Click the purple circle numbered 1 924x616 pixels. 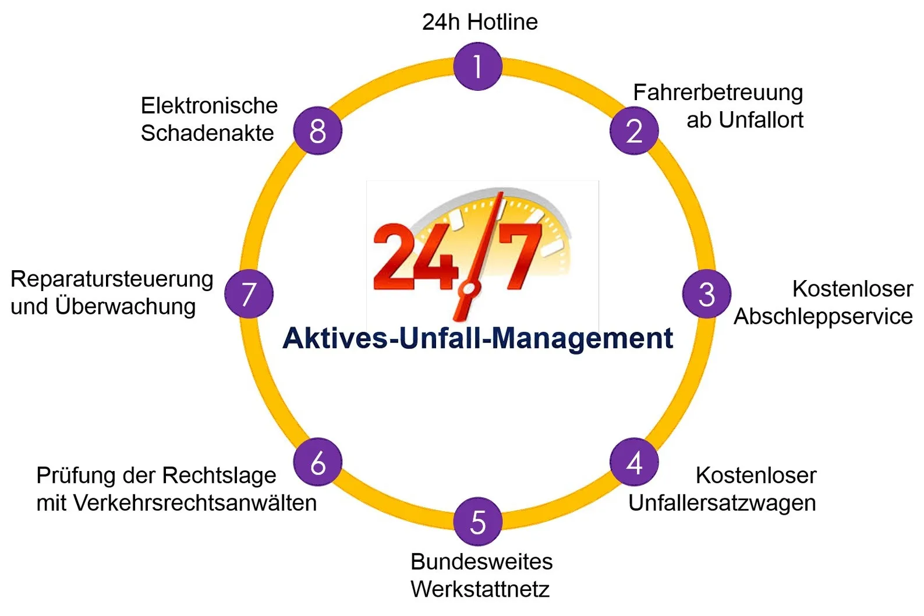tap(477, 66)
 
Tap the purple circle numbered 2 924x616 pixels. tap(634, 131)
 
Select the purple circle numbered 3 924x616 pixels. tap(707, 294)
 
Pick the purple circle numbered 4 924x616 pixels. tap(634, 462)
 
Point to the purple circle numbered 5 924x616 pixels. tap(477, 522)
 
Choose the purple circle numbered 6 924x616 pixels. tap(318, 462)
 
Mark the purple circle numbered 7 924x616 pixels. tap(249, 294)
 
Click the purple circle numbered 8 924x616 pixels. tap(318, 131)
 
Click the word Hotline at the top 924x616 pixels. tap(503, 22)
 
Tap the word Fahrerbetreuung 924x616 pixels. tap(718, 93)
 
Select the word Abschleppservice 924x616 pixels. tap(823, 317)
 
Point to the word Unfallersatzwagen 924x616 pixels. tap(723, 504)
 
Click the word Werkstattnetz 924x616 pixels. tap(480, 589)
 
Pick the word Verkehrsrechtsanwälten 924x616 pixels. tap(195, 503)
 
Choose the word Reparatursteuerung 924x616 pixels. tap(112, 279)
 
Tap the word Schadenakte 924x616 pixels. tap(207, 133)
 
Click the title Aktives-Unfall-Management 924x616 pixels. tap(477, 338)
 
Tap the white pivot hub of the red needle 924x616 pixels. tap(469, 289)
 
